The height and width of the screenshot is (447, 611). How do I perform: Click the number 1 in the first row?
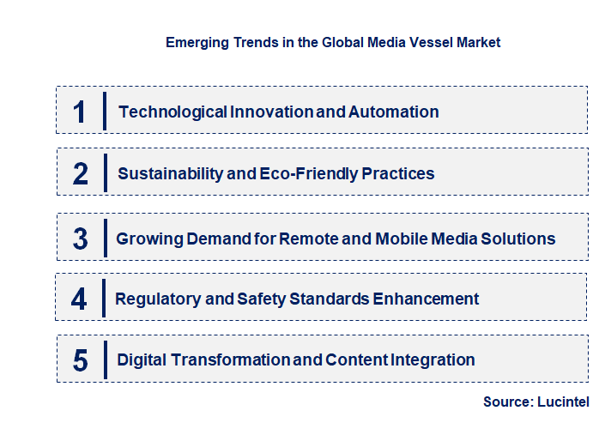(80, 112)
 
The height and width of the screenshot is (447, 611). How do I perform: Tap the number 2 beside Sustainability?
(81, 173)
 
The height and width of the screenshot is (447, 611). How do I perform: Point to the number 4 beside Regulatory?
(80, 299)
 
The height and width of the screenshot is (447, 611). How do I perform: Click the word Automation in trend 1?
(396, 112)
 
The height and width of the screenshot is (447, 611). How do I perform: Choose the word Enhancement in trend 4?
(424, 299)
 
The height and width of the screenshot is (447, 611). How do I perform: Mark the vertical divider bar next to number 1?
(104, 112)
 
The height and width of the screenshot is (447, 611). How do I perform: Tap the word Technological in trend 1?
(172, 112)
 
